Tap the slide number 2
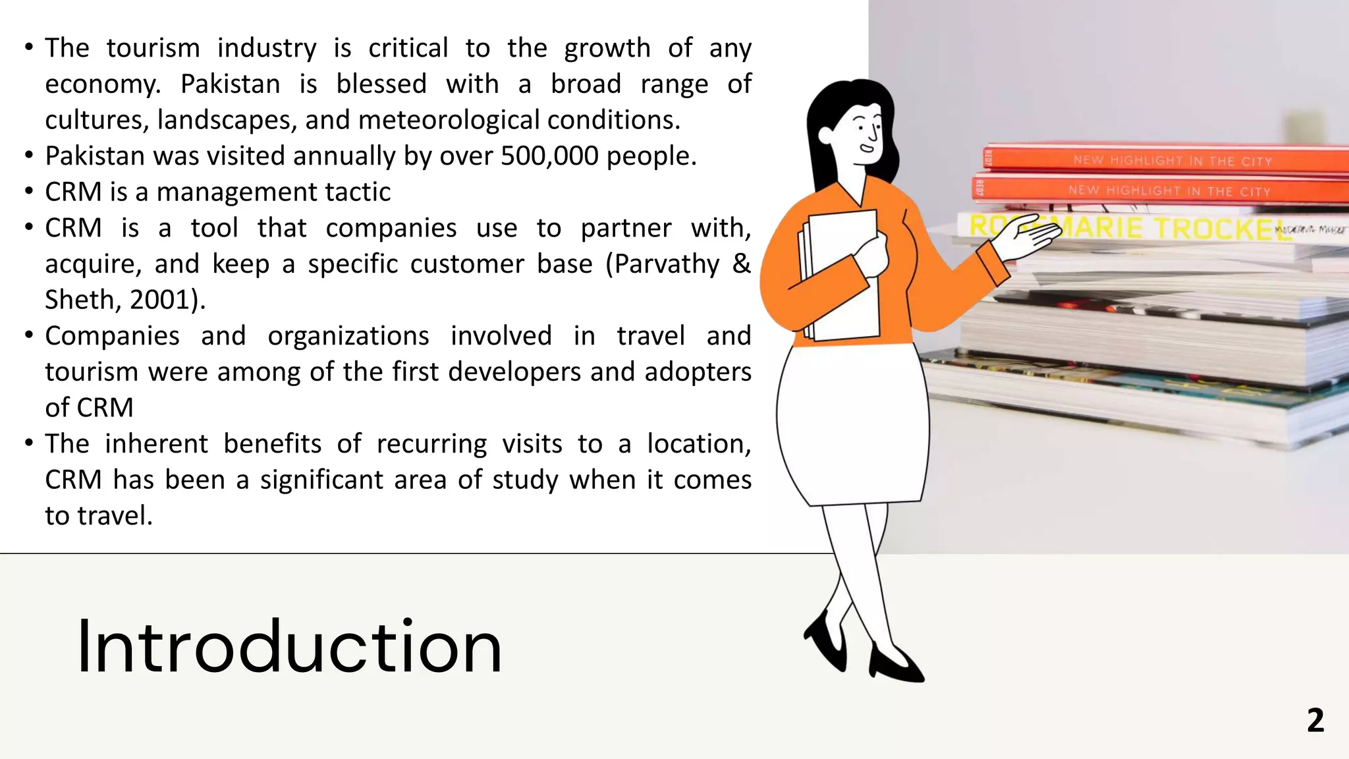(x=1315, y=720)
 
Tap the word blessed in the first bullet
(x=381, y=84)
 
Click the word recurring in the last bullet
(x=431, y=444)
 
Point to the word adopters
(x=698, y=372)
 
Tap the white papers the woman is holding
(x=843, y=277)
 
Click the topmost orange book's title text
(x=1172, y=161)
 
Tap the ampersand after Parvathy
(x=741, y=264)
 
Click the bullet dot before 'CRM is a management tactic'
(x=28, y=192)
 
